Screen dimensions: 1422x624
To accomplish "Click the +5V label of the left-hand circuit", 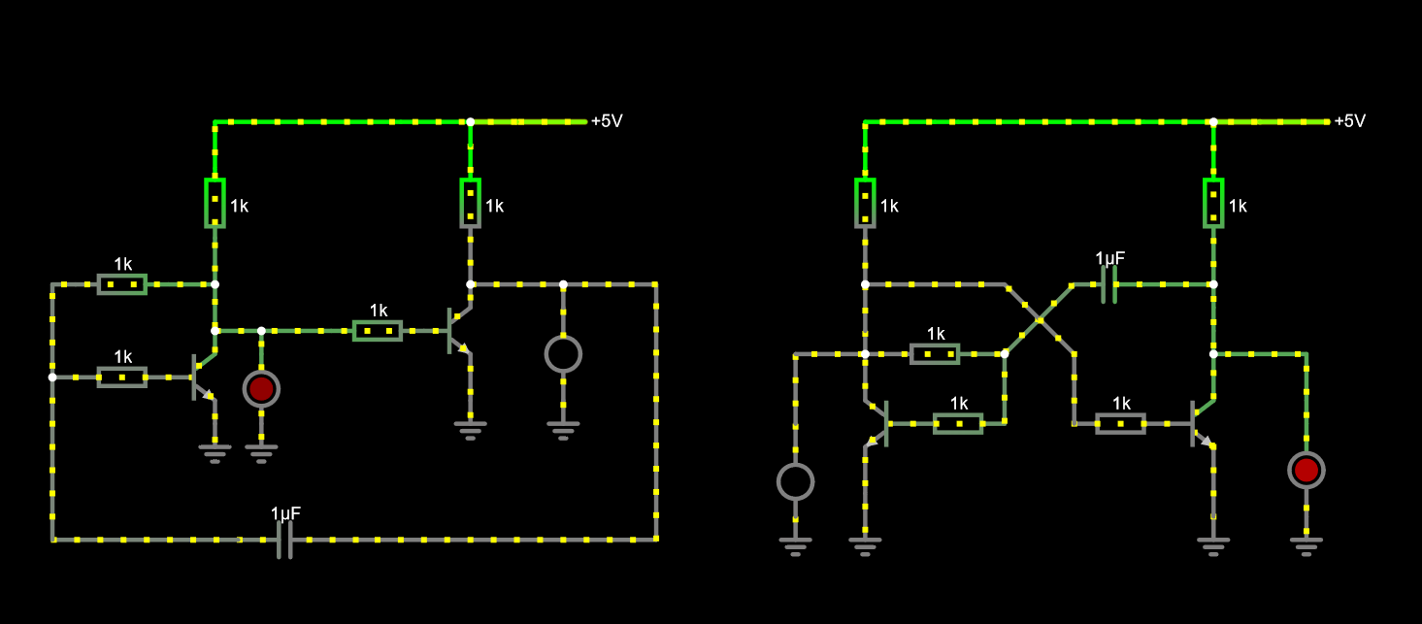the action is tap(607, 120).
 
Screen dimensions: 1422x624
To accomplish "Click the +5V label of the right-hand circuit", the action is tap(1349, 120).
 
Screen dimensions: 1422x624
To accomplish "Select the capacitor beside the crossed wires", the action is tap(1109, 285).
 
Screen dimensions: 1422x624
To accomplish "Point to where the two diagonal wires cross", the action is tap(1040, 320).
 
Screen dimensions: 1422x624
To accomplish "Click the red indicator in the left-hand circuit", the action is tap(261, 389).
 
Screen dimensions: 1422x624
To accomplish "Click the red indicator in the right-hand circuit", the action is tap(1306, 471).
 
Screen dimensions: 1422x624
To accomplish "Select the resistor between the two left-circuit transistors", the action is tap(378, 331).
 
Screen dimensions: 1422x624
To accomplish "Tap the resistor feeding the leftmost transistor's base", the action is tap(122, 378).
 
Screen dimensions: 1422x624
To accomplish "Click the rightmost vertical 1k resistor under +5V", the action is tap(1213, 203).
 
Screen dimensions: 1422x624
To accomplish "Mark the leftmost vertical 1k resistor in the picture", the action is tap(215, 203).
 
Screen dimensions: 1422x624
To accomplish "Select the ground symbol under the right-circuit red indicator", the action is tap(1306, 546).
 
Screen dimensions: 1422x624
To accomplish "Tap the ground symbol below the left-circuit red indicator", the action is tap(261, 454).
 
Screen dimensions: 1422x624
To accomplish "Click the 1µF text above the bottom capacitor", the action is tap(285, 513).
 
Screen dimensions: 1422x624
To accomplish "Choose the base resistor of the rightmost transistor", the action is tap(1120, 423).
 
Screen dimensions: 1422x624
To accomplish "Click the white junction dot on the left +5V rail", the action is tap(471, 122).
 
